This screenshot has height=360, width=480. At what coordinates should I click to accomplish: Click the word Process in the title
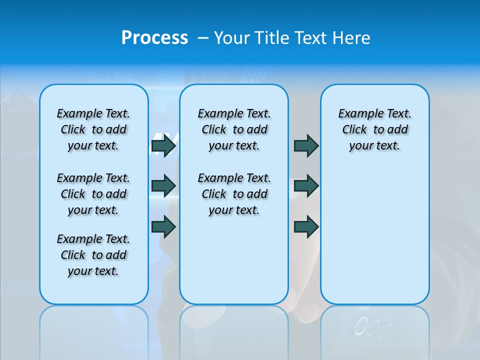(154, 37)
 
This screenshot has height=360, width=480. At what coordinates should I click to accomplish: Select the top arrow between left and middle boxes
(163, 146)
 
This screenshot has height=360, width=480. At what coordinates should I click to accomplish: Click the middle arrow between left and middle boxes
(163, 186)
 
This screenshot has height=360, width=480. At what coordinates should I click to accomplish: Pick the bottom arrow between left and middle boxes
(163, 226)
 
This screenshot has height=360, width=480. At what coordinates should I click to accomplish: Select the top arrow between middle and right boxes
(306, 146)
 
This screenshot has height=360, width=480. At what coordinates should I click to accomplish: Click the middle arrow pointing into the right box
(306, 186)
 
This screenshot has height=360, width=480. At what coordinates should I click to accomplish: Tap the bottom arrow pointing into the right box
(306, 226)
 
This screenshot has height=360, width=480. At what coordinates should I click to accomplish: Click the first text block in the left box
(93, 130)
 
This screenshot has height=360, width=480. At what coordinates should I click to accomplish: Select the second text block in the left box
(93, 194)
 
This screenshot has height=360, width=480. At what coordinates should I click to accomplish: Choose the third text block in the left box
(93, 255)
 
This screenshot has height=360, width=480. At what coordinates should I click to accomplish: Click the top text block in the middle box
(234, 130)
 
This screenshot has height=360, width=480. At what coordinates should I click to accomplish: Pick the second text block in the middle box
(234, 194)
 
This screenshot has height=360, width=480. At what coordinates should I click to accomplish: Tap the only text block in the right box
(374, 130)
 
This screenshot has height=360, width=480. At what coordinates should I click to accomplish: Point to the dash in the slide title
(203, 38)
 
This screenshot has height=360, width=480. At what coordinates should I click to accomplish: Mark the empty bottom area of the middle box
(234, 265)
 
